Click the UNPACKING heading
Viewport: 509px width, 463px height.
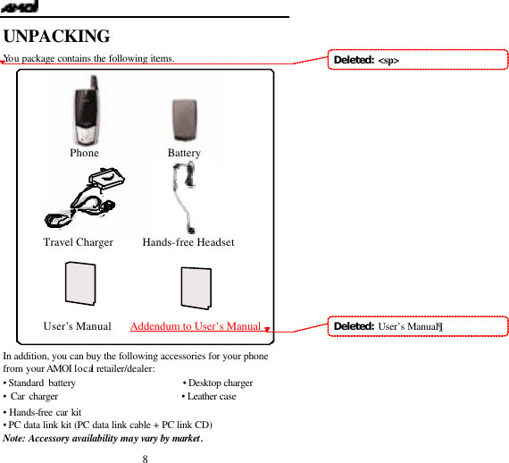[x=57, y=37]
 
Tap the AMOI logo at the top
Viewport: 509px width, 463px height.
[x=20, y=7]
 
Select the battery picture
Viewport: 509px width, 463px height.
[x=185, y=118]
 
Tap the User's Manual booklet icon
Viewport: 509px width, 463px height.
[x=79, y=284]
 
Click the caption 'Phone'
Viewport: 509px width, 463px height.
[x=84, y=153]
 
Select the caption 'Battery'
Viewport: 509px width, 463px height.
[x=184, y=153]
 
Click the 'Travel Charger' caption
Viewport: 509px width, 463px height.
[x=79, y=242]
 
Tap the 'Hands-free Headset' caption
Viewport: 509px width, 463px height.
[x=188, y=242]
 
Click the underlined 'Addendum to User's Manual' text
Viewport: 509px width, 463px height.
[x=195, y=326]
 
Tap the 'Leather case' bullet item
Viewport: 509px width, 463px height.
[x=210, y=396]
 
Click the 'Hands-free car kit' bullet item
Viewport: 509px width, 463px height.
[x=43, y=411]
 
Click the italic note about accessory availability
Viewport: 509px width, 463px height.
[x=104, y=438]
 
